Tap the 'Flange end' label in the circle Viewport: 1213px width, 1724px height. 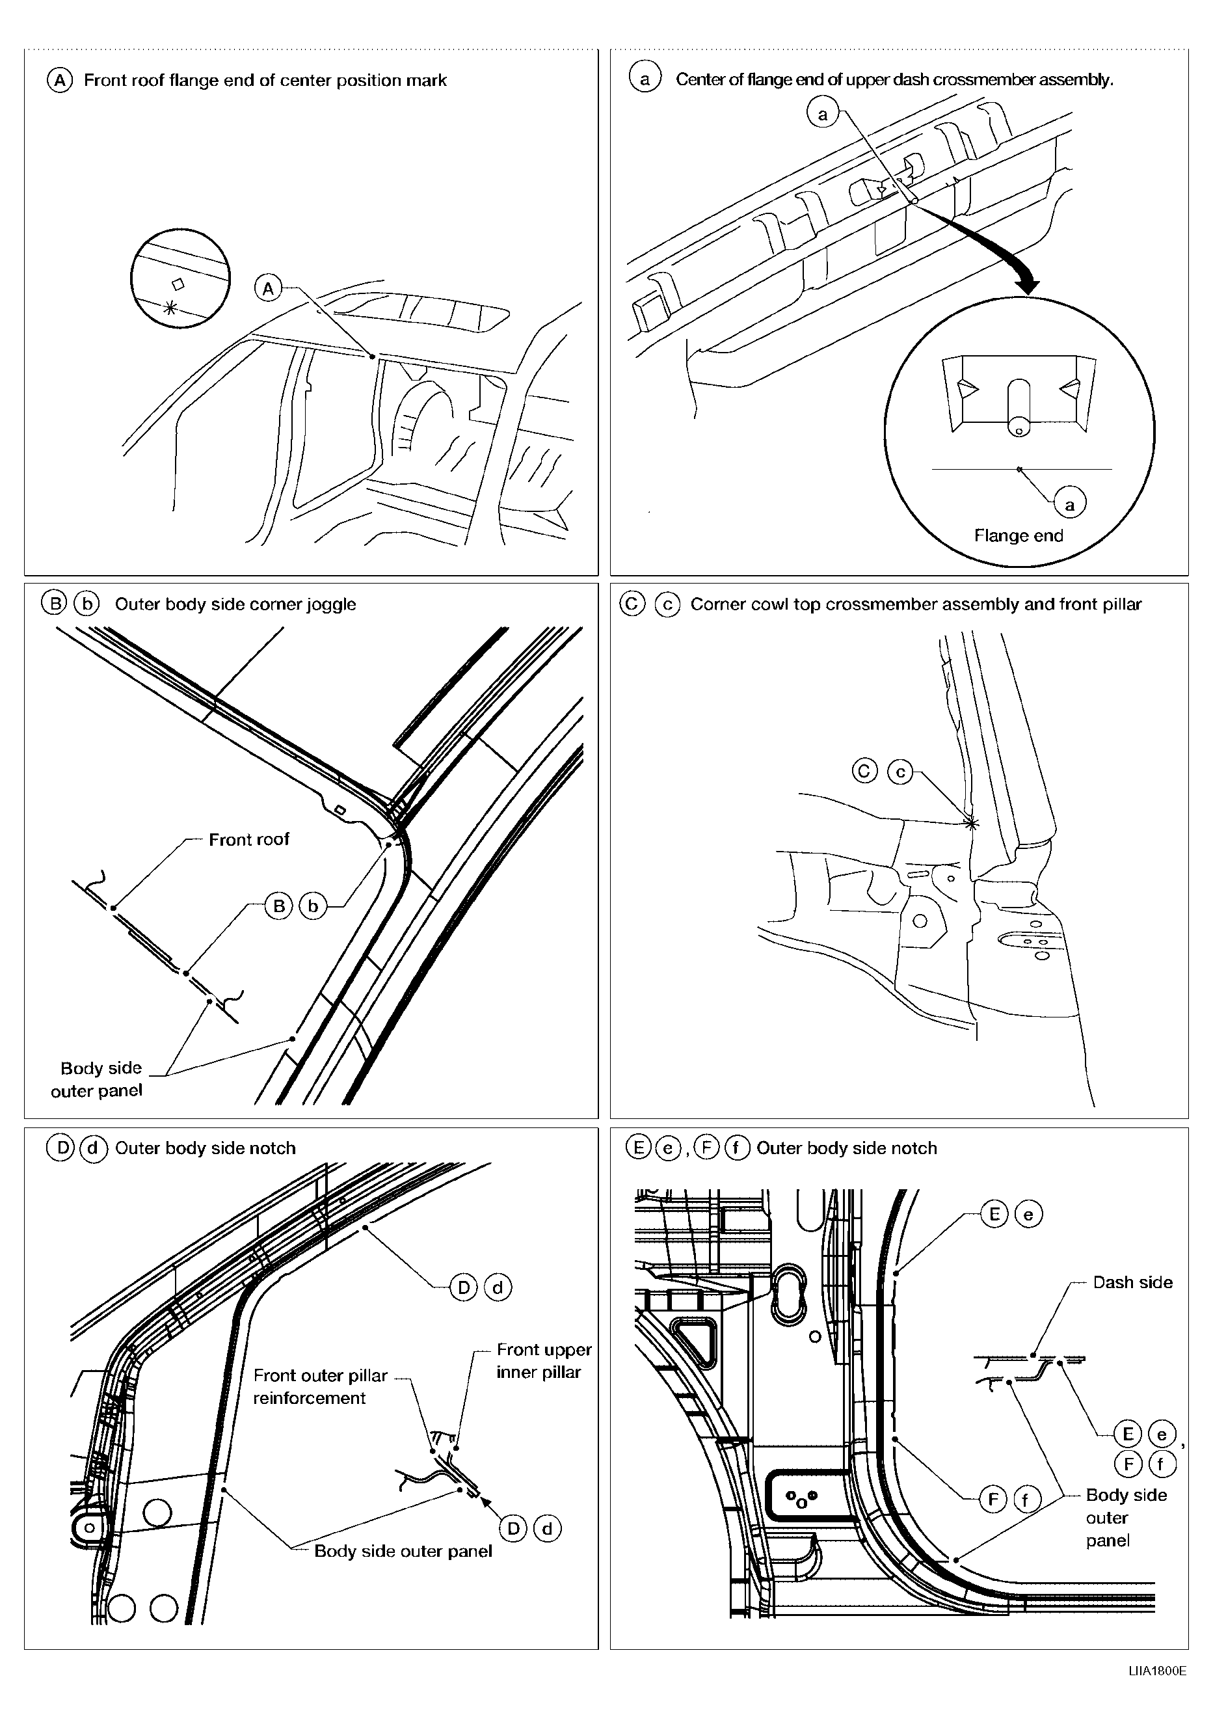[1018, 535]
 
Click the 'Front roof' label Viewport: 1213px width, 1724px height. [248, 839]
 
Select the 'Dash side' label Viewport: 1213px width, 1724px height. [1132, 1282]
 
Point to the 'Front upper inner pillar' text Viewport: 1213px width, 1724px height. [544, 1360]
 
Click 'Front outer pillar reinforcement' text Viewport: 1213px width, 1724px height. [320, 1386]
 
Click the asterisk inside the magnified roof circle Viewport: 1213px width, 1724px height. [170, 307]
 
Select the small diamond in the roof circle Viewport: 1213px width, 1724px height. [178, 284]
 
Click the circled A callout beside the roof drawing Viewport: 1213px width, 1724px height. [268, 288]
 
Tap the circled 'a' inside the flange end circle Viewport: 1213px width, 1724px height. [1070, 505]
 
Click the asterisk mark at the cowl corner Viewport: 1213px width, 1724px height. [970, 824]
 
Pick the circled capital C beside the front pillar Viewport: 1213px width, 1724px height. [865, 771]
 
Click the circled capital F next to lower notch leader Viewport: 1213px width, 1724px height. [993, 1500]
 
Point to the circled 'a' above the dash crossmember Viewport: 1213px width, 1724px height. [822, 114]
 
